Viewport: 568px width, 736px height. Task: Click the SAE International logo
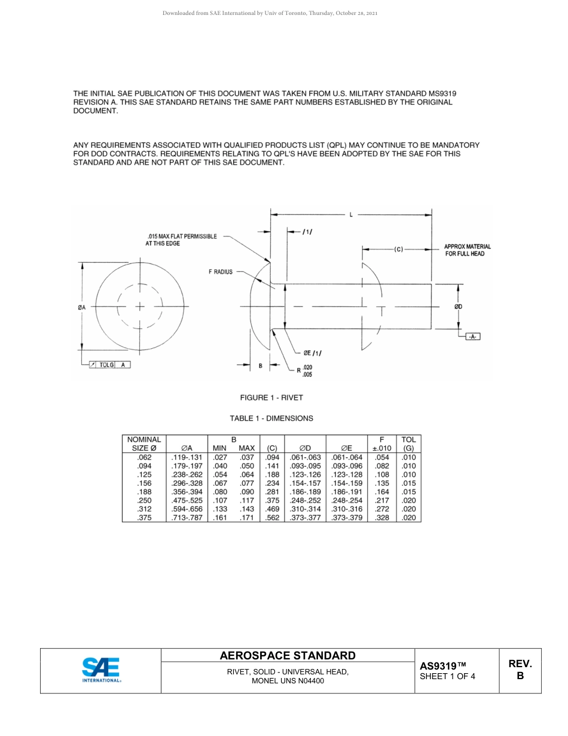(100, 670)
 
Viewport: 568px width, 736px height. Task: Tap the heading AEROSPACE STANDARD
(288, 655)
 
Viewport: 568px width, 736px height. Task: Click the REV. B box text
(520, 670)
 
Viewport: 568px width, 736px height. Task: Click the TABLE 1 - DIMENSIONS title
(271, 418)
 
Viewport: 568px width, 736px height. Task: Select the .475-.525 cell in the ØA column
(187, 500)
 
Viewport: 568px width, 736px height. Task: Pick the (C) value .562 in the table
(272, 518)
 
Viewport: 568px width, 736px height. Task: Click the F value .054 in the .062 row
(381, 457)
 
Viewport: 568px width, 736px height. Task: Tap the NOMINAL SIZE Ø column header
(144, 443)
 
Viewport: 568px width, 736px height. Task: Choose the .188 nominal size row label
(144, 492)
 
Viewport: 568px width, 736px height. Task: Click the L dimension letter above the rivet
(351, 215)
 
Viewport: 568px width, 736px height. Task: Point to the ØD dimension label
(458, 307)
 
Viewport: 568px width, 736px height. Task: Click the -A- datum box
(472, 337)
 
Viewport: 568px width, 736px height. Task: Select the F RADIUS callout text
(220, 272)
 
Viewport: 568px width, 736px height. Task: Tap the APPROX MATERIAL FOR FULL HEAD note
(468, 250)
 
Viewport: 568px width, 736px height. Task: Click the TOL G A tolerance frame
(109, 364)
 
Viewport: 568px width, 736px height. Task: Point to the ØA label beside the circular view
(82, 307)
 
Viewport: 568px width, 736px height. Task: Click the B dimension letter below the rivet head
(260, 365)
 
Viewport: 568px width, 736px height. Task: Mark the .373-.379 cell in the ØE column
(347, 518)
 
